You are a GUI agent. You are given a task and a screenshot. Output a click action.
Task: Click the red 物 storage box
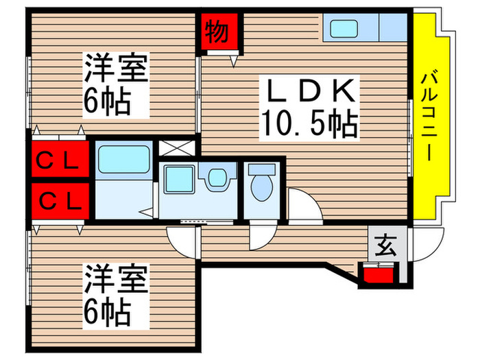point(220,33)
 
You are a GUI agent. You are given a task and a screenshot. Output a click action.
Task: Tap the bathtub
point(123,160)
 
